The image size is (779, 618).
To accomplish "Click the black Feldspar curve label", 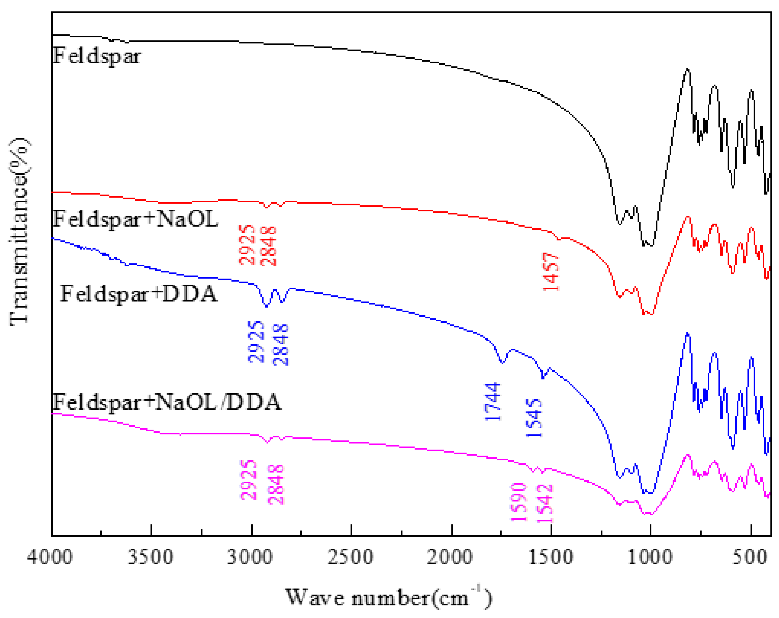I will [x=96, y=57].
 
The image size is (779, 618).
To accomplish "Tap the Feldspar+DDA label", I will [x=139, y=293].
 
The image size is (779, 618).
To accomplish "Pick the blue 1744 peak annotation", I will [x=493, y=401].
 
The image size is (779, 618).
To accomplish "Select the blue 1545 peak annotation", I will [x=534, y=418].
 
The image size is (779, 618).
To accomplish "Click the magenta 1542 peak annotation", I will [x=544, y=503].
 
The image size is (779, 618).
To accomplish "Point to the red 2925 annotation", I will [x=247, y=245].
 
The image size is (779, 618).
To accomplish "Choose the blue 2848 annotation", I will [x=281, y=345].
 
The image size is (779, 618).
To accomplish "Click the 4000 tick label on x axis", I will [x=50, y=557].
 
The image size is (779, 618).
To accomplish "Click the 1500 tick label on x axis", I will [x=550, y=557].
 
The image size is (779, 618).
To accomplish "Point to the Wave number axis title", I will [x=388, y=597].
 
